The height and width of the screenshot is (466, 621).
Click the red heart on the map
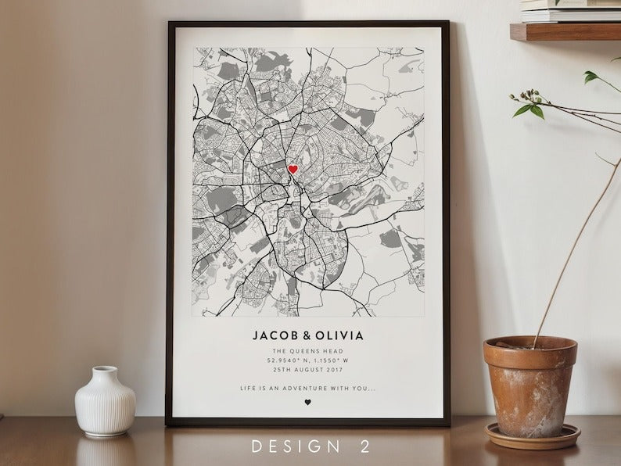coord(293,169)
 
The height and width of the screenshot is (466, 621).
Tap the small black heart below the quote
coord(307,403)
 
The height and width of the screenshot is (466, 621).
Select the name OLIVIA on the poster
coord(339,335)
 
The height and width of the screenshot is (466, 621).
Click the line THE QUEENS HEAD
coord(307,352)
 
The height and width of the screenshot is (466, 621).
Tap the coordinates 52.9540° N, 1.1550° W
coord(307,361)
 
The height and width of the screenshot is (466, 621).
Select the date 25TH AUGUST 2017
coord(307,371)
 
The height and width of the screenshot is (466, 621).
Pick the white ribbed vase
coord(106,403)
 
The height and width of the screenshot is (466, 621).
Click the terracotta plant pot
coord(529,383)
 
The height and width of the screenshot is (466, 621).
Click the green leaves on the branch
coord(532,110)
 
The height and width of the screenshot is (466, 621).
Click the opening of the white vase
coord(104,370)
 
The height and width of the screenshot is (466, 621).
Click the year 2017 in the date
coord(333,371)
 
